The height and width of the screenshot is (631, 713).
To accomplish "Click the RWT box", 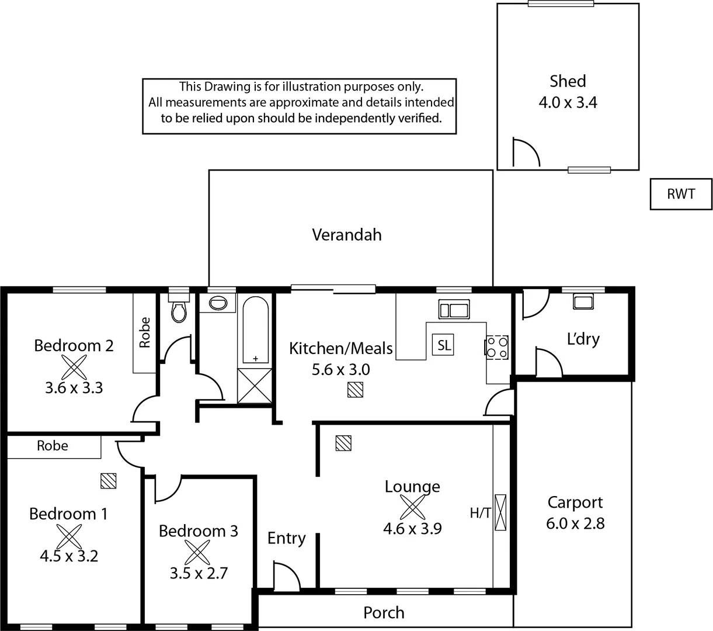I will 681,194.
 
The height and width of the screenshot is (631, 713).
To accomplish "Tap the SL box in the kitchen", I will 444,345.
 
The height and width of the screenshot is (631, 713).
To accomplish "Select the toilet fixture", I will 179,310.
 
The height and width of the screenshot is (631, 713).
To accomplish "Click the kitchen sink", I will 454,308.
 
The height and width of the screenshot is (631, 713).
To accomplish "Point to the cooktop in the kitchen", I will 497,347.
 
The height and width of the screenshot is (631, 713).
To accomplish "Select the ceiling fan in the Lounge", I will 412,507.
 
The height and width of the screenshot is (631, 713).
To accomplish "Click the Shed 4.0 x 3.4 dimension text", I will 568,103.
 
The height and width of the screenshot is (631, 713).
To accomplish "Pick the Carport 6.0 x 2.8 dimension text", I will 575,523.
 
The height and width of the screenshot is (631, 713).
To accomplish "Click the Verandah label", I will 347,235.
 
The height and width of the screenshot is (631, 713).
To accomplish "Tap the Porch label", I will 384,612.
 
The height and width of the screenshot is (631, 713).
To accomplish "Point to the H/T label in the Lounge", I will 480,513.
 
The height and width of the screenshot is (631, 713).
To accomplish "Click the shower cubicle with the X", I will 255,386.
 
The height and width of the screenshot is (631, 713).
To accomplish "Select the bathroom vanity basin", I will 218,303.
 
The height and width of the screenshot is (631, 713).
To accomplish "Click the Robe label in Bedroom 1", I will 53,446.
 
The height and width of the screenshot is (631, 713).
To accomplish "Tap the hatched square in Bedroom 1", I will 108,480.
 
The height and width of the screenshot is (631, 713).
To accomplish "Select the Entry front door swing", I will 285,577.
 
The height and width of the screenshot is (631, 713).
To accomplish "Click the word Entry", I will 286,538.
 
